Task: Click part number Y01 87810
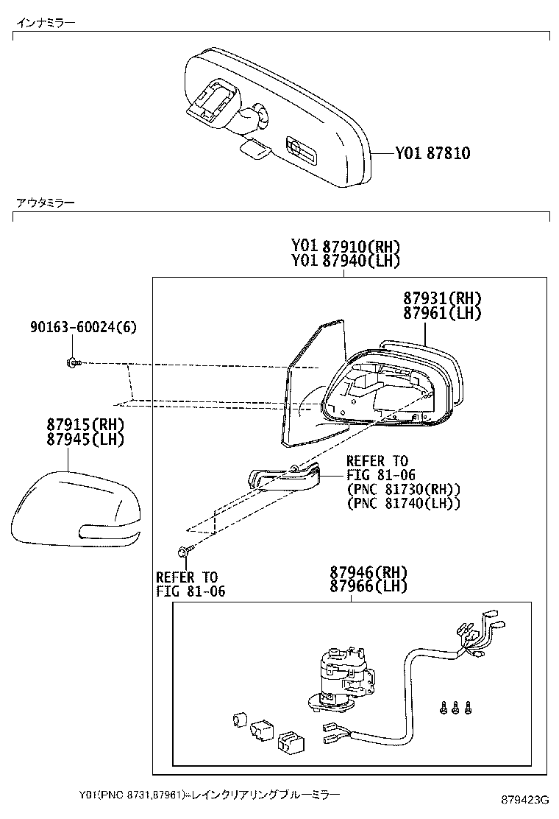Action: click(x=432, y=154)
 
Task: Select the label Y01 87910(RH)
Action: click(x=345, y=247)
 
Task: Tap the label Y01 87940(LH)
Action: click(x=345, y=261)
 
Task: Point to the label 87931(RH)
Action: click(x=441, y=298)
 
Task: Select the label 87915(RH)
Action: click(x=85, y=425)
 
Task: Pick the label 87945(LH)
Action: click(x=85, y=440)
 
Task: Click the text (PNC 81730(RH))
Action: click(x=403, y=489)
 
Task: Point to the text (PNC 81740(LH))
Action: click(x=403, y=503)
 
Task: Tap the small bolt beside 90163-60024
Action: click(x=72, y=362)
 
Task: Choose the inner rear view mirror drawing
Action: click(x=276, y=118)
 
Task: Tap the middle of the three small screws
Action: click(x=455, y=708)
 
